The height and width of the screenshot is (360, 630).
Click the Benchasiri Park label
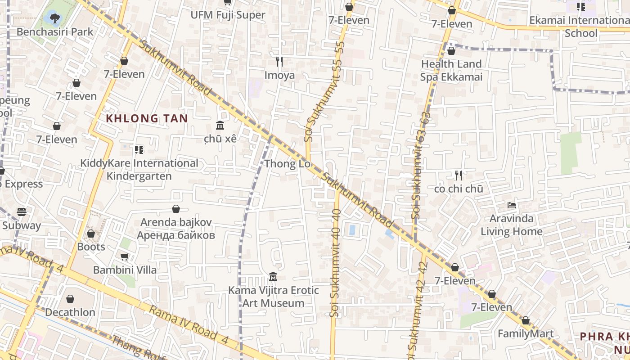(55, 31)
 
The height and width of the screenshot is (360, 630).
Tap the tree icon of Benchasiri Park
(55, 18)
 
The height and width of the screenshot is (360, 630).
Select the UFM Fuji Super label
(228, 15)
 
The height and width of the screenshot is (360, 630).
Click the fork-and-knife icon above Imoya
(279, 62)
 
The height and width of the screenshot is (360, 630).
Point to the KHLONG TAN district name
(147, 118)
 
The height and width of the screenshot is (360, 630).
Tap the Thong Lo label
(288, 164)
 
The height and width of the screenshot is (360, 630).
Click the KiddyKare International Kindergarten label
(139, 169)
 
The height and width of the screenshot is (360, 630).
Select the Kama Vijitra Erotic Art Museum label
(274, 297)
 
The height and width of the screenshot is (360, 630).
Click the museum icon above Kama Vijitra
(273, 276)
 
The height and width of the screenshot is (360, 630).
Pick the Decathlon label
(70, 312)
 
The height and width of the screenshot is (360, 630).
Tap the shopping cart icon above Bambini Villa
(125, 256)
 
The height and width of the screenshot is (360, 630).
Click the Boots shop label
(91, 247)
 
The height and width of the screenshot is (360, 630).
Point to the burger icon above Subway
(22, 211)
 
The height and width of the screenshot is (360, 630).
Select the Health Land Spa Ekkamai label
(451, 71)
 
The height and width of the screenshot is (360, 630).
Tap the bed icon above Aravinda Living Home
(512, 205)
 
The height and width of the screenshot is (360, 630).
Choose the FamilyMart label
(526, 334)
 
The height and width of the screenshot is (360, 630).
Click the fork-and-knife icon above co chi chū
(459, 175)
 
